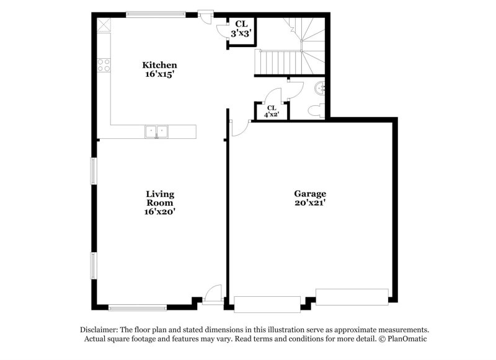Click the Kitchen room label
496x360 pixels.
[x=160, y=65]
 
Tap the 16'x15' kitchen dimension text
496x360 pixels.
[x=160, y=74]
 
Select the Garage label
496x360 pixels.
[x=310, y=193]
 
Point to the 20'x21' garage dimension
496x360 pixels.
[x=310, y=203]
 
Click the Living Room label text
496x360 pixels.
[x=160, y=198]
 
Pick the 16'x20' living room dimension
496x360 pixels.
[x=160, y=211]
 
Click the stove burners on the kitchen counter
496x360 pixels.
[x=104, y=64]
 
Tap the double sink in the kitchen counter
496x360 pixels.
[x=157, y=131]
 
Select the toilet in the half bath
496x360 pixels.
[x=316, y=110]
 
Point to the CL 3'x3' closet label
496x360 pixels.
[x=241, y=29]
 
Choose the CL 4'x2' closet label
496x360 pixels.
[x=271, y=111]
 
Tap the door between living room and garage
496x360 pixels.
[x=239, y=127]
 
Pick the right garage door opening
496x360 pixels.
[x=352, y=297]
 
